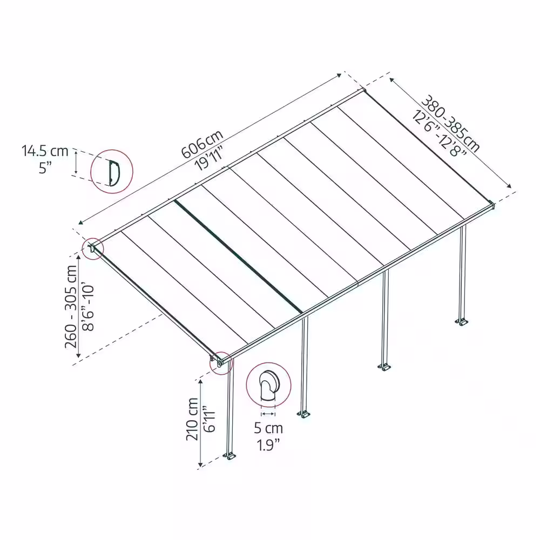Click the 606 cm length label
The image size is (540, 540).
[x=202, y=144]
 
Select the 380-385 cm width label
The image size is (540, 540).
[x=451, y=123]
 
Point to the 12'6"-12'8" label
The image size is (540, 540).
[x=439, y=133]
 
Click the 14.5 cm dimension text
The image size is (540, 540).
[x=45, y=151]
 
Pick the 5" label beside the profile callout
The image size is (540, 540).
[x=45, y=168]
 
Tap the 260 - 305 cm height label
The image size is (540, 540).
[x=71, y=307]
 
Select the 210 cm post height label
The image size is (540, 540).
[x=192, y=419]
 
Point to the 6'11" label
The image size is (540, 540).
[x=209, y=421]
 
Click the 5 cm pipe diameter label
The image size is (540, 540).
[x=268, y=428]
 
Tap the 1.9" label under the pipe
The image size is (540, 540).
[x=268, y=445]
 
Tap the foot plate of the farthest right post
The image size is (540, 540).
[x=462, y=322]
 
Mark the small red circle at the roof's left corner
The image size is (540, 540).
[x=93, y=248]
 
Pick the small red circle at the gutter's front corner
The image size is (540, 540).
[x=221, y=363]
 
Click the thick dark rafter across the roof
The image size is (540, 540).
[x=238, y=256]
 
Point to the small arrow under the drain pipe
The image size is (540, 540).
[x=268, y=414]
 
